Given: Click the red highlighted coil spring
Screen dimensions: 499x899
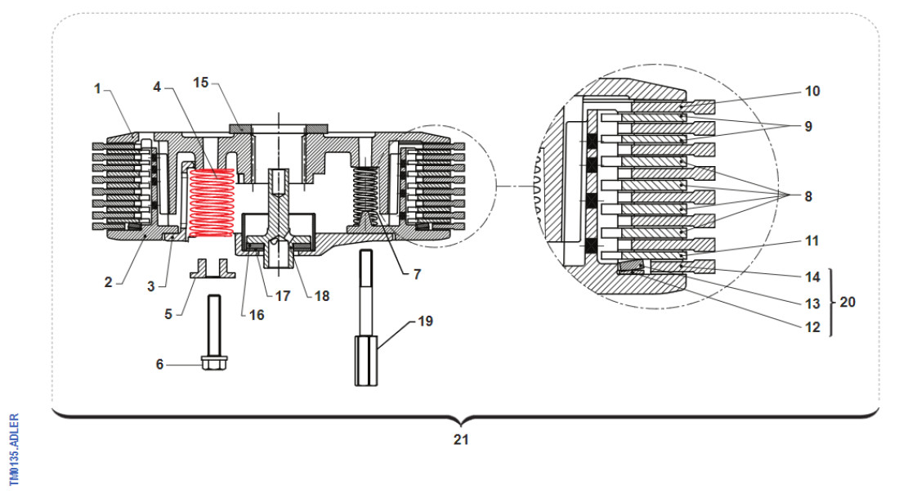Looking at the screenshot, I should pos(212,204).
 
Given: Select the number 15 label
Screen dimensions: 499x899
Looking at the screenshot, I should pos(201,83).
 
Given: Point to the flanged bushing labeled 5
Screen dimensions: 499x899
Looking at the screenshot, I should pos(212,269).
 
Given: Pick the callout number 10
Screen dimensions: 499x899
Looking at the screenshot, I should pos(812,92).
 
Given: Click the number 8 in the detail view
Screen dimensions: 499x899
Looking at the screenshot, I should pos(809,196).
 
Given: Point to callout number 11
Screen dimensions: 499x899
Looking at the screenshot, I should pos(812,241).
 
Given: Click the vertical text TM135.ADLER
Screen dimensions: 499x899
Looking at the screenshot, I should pos(13,447).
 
